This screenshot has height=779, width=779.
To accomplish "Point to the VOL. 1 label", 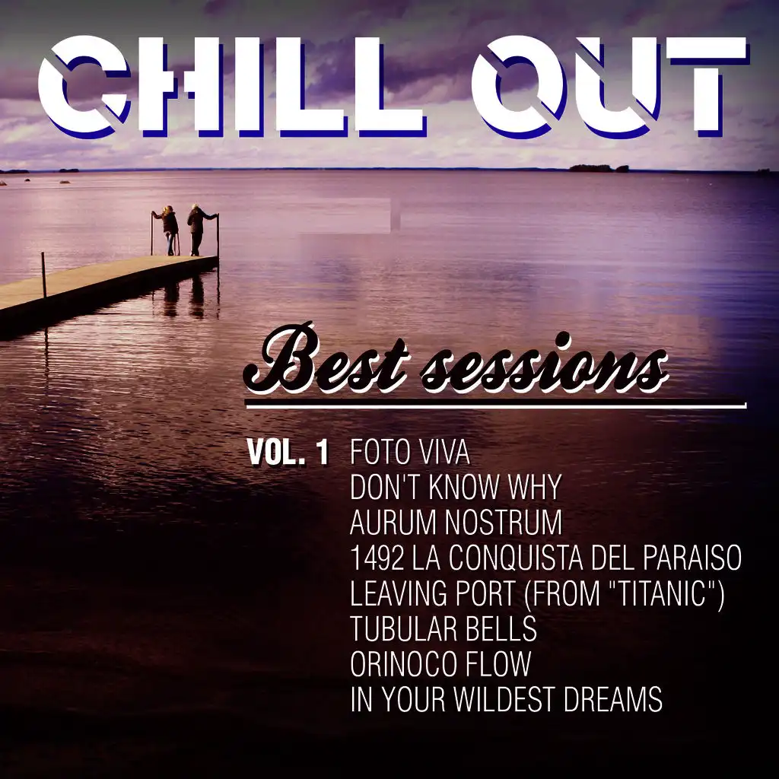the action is point(288,453).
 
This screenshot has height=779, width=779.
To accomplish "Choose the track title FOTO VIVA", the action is point(410,452).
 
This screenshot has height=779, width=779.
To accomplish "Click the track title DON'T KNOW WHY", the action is point(456,487).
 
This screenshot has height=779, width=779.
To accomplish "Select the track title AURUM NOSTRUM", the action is point(456,522).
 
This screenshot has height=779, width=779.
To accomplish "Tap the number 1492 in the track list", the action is point(377,558).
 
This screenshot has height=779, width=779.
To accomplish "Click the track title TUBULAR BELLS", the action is point(444,628).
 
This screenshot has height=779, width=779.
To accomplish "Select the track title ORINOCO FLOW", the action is point(440,663).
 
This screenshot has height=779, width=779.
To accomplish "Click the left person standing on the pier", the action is point(170,230).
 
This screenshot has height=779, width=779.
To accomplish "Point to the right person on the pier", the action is point(199,230).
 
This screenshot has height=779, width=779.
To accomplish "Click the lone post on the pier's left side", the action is point(43,275).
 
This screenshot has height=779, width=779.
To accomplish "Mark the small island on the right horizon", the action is point(599,168).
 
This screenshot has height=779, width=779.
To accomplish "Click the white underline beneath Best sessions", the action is point(496,405).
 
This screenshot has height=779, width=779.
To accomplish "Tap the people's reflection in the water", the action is point(185,297).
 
